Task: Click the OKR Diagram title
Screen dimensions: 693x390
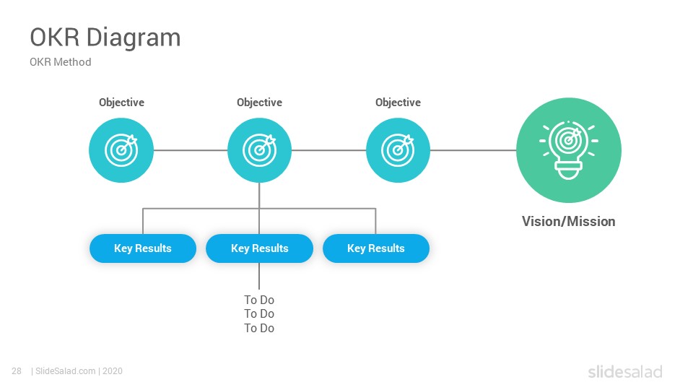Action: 105,38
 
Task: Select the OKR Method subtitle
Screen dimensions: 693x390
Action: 61,62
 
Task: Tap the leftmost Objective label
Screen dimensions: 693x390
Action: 121,103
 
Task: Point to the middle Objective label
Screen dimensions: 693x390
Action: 259,103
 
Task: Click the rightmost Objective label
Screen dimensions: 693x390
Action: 398,103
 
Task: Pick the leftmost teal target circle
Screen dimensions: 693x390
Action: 121,150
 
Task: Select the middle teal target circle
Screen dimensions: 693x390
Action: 259,150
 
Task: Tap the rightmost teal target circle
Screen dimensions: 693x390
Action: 398,150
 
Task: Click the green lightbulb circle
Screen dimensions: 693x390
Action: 569,150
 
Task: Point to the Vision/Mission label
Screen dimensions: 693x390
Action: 568,221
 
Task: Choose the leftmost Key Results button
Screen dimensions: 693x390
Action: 143,248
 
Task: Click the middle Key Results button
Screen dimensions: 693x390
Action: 259,248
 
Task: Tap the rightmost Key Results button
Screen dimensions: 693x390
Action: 376,248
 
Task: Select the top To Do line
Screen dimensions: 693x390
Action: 259,300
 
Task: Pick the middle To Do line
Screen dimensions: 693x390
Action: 259,314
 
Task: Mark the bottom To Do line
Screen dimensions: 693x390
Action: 259,328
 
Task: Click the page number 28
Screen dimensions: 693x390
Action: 17,371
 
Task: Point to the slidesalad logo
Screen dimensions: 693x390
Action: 625,372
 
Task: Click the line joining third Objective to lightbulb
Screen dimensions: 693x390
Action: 474,150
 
